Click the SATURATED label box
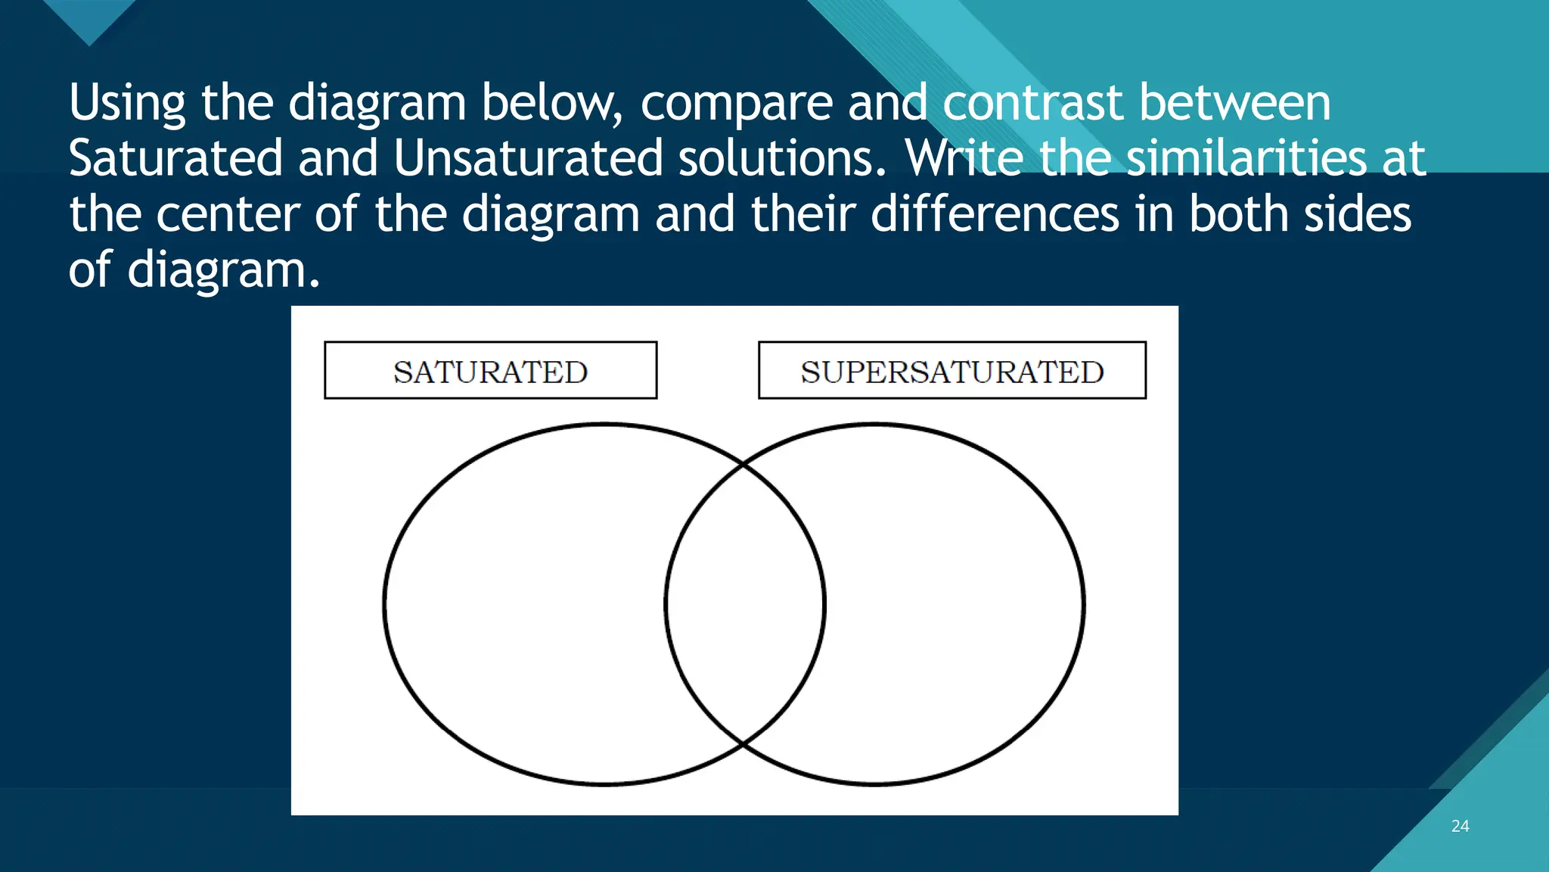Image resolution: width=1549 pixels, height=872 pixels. pos(490,371)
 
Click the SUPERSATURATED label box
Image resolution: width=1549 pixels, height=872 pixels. pos(951,371)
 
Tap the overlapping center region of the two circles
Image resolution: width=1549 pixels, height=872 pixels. pos(745,604)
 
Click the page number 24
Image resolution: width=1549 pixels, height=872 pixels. pos(1460,827)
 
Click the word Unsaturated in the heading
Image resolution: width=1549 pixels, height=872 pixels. pos(527,158)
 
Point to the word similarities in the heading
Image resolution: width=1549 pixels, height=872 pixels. pos(1246,158)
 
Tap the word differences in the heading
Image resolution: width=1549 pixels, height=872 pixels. pos(995,214)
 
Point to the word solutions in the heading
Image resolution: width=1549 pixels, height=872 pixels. pos(781,158)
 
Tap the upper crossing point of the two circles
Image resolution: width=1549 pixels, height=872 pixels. pos(744,463)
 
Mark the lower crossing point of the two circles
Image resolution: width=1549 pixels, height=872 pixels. pos(744,745)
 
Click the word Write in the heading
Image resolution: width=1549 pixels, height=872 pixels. pos(964,158)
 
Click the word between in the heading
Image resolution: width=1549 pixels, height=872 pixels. pos(1234,103)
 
